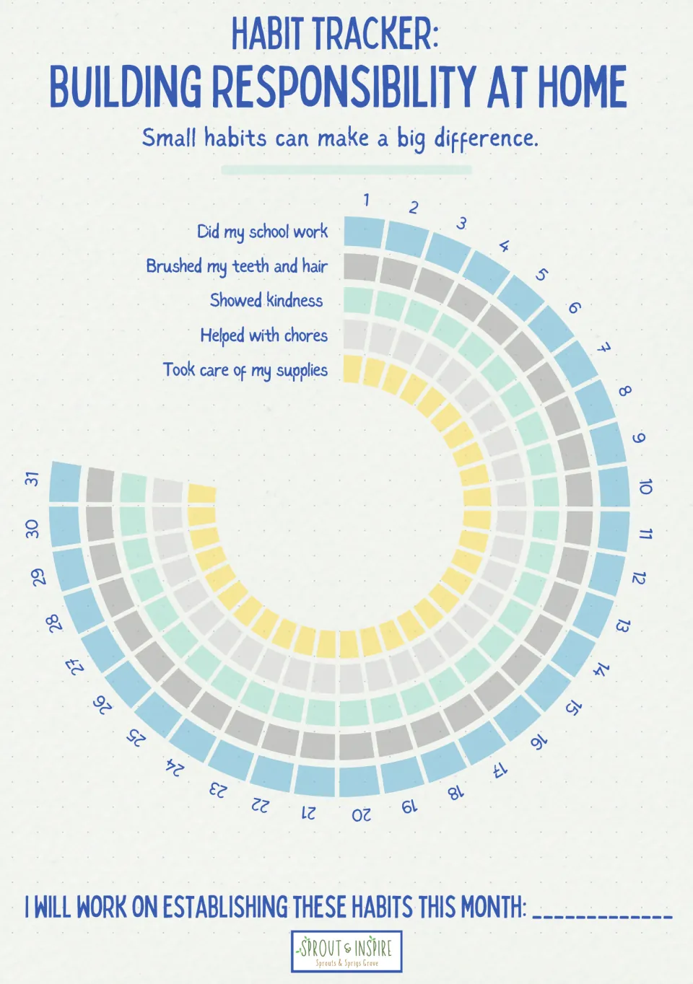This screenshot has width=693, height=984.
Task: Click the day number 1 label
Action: click(x=367, y=200)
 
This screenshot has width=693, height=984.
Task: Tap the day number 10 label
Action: click(x=645, y=487)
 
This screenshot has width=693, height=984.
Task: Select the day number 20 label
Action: click(x=361, y=815)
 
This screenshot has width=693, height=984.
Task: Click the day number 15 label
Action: click(x=573, y=706)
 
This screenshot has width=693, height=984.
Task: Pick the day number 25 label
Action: click(x=136, y=737)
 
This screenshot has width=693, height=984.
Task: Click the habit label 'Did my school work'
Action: click(x=262, y=232)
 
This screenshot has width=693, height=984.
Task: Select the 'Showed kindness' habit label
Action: click(x=266, y=301)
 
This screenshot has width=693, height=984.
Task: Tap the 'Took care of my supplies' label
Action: click(x=245, y=370)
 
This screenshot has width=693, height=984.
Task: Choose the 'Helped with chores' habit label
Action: click(x=264, y=335)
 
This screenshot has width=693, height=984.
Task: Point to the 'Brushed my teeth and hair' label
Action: click(x=237, y=267)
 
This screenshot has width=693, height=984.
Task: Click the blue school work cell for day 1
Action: click(x=364, y=232)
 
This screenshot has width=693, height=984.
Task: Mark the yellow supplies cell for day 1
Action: click(x=353, y=369)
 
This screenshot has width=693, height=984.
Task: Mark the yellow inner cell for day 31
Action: click(x=202, y=493)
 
